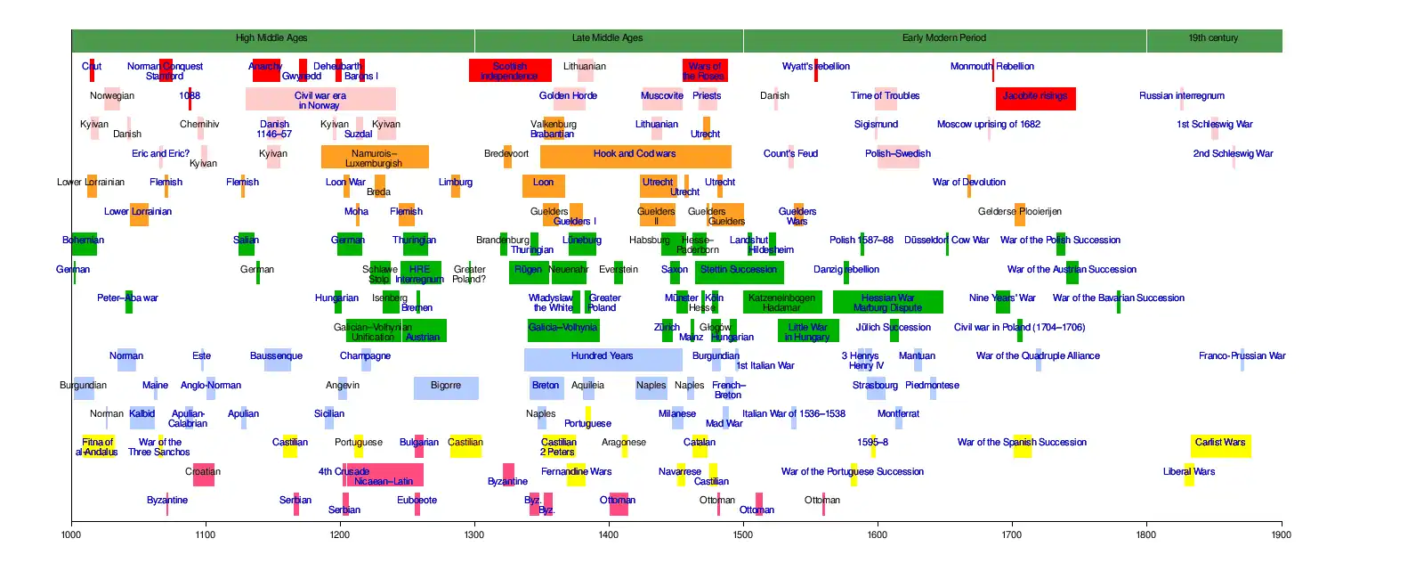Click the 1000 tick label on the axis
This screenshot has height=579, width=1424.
71,534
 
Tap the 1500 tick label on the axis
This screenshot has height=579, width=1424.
743,534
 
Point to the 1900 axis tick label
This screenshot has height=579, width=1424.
1281,534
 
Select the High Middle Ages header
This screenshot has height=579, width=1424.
272,38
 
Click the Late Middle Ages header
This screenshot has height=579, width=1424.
608,38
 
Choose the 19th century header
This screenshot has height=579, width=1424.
1213,38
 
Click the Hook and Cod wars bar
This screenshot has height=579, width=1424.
635,157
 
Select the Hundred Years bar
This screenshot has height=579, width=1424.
603,359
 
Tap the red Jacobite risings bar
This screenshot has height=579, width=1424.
1035,99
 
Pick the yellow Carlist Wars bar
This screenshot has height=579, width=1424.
1220,445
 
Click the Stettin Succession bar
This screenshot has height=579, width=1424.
738,273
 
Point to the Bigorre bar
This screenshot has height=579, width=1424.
446,388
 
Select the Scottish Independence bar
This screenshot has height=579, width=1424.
509,70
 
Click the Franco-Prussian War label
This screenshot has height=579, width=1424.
1242,356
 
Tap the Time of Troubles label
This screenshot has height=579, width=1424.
885,96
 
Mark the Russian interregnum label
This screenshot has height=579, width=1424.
1181,96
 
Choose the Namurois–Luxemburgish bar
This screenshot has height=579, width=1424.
374,157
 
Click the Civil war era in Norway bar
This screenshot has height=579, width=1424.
320,99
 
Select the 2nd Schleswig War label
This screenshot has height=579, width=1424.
1233,154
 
